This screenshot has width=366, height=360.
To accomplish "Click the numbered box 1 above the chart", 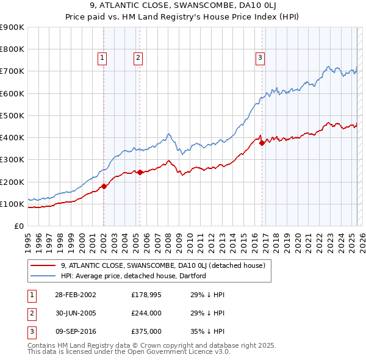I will click(102, 58).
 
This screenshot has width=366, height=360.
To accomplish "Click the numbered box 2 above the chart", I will click(138, 58).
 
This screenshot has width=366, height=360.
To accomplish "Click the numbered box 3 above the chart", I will click(260, 58).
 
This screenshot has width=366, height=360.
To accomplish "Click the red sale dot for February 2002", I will click(104, 186).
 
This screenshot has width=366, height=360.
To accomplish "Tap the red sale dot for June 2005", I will click(140, 172).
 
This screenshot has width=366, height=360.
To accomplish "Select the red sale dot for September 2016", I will click(262, 143).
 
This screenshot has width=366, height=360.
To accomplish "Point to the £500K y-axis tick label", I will click(12, 115).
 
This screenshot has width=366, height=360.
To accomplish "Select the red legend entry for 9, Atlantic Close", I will click(162, 265).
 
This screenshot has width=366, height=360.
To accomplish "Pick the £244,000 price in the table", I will click(146, 313).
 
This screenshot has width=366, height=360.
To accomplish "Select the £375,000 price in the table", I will click(146, 332).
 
